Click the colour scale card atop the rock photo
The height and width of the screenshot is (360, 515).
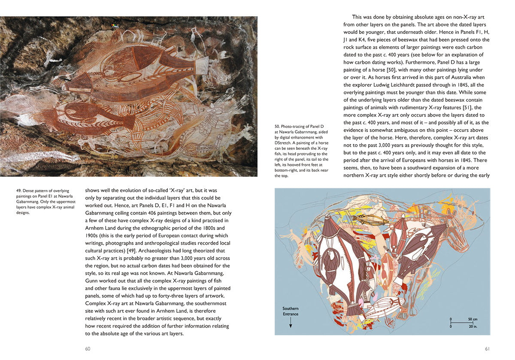point(114,26)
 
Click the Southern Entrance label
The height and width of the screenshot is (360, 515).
point(291,311)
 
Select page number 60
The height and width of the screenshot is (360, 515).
point(88,348)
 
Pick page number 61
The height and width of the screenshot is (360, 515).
point(487,348)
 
